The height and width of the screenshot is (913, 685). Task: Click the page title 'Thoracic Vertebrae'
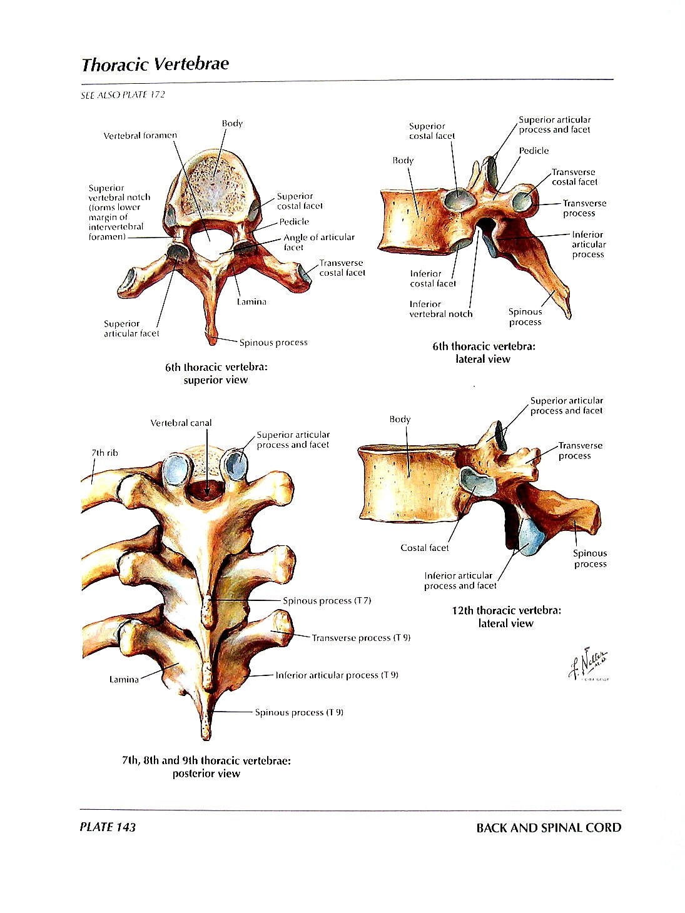155,64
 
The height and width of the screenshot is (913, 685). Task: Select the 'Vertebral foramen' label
140,135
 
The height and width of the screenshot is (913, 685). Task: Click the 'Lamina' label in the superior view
251,301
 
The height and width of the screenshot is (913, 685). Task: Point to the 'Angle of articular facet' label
318,242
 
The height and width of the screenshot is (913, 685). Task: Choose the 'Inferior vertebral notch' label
440,309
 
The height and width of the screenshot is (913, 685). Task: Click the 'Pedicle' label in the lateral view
534,151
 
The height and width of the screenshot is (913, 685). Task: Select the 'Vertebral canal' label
181,423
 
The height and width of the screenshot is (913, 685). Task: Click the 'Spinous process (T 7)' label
327,600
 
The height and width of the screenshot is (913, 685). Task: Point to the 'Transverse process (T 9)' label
361,638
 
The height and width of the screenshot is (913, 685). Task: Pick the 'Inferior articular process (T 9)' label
337,675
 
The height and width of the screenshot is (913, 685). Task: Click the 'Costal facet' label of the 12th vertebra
424,548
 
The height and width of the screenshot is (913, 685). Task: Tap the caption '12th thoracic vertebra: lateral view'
506,617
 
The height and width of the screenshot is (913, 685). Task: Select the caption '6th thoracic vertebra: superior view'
215,373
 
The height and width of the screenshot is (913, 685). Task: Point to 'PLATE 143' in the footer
108,827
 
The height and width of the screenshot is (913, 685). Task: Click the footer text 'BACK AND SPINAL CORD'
549,827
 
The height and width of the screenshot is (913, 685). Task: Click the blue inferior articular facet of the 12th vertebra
531,536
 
